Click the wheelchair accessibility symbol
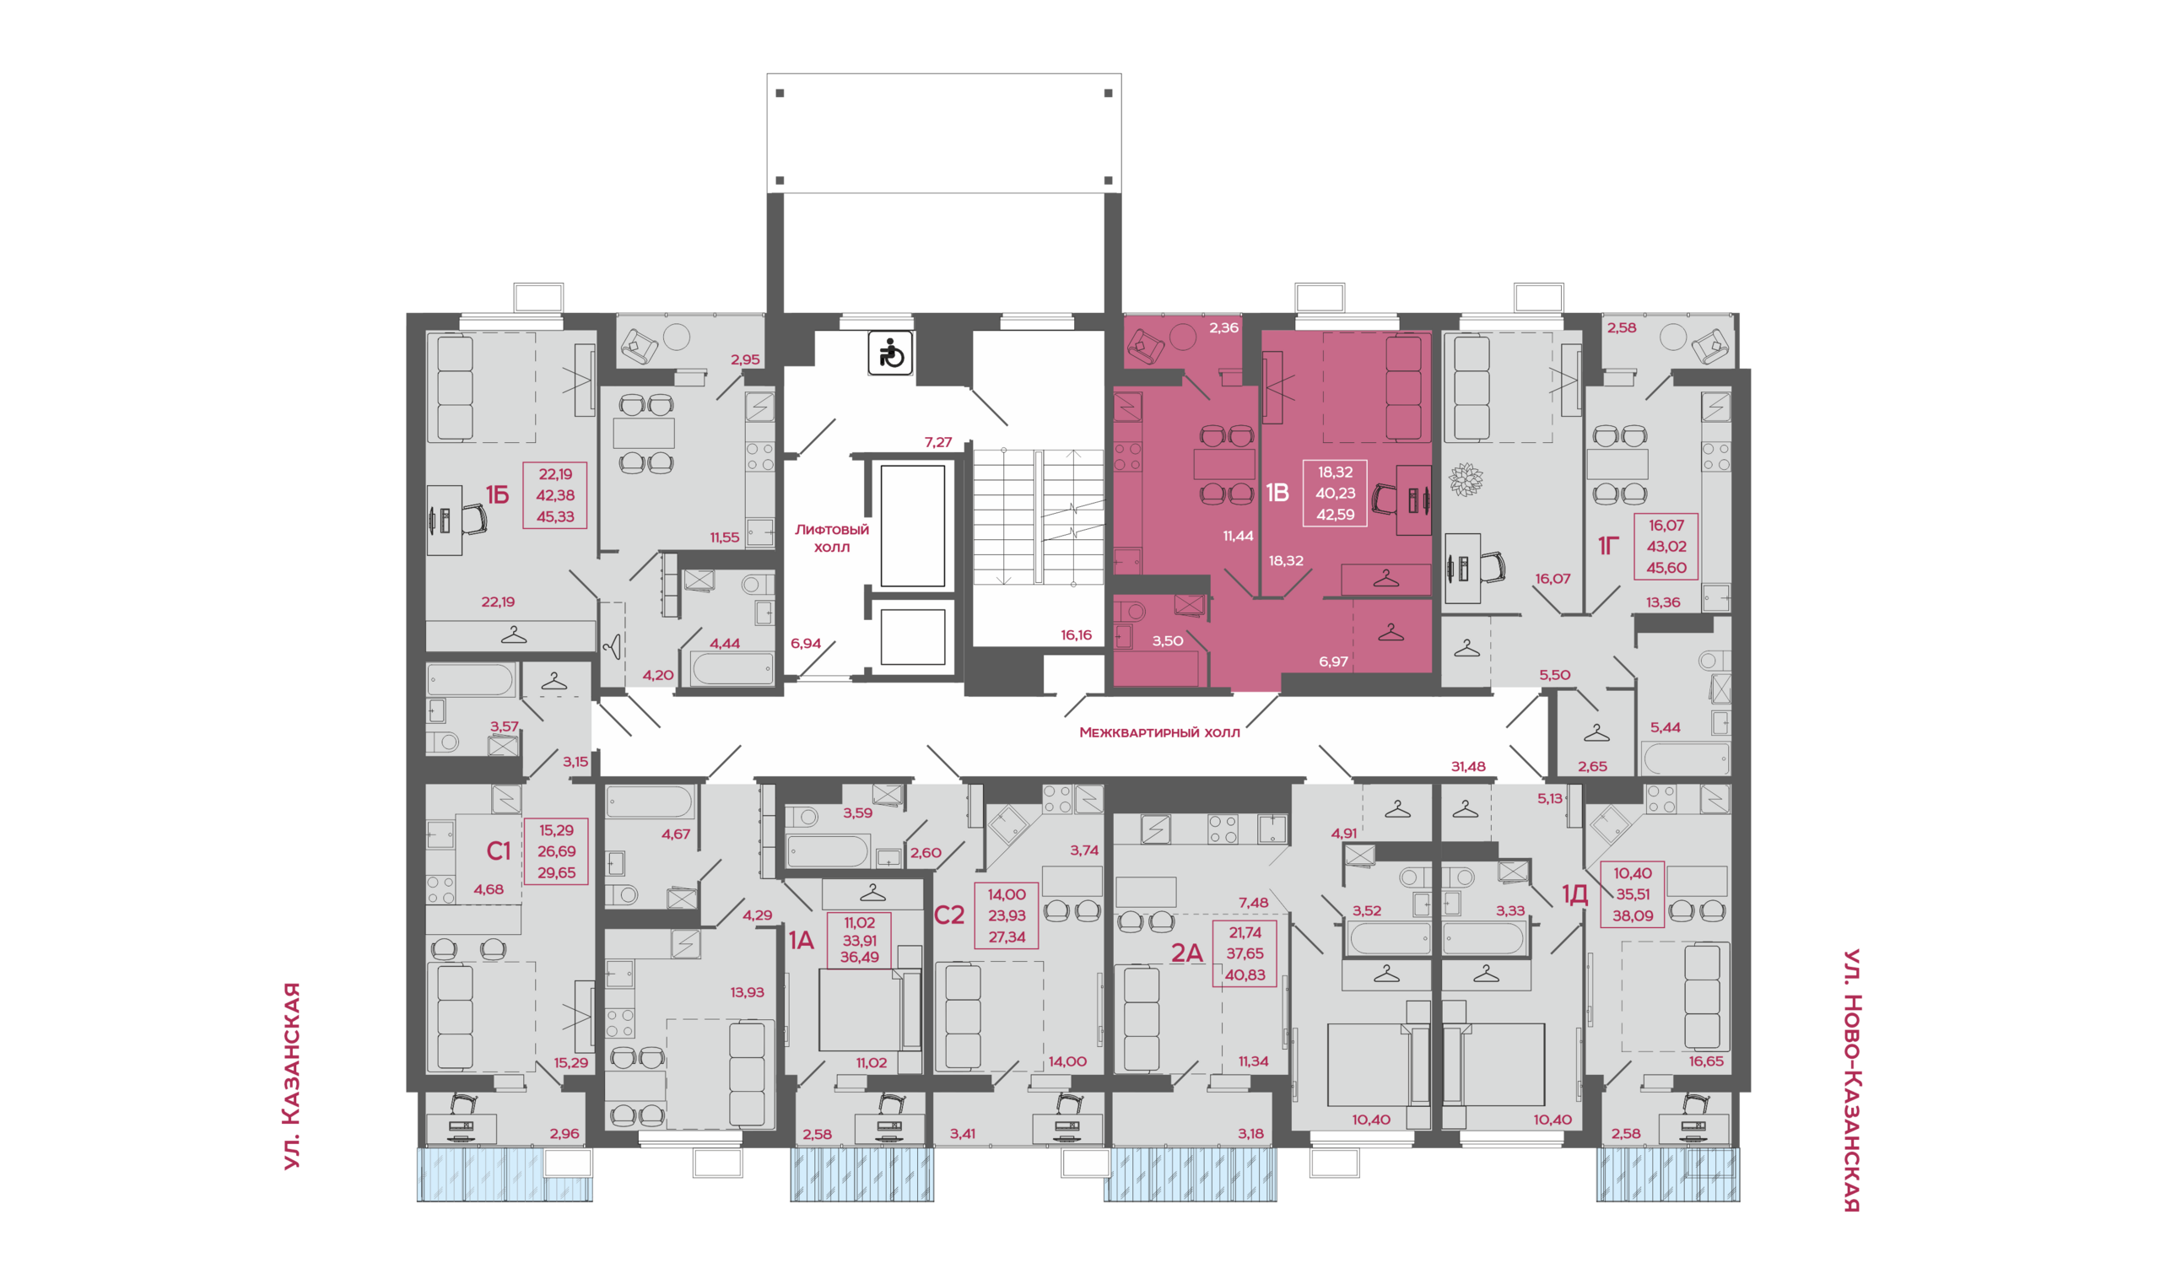tap(890, 353)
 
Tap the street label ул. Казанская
tap(292, 1076)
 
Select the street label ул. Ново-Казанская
tap(1852, 1080)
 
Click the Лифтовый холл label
tap(831, 538)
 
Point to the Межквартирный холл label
tap(1159, 732)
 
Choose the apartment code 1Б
tap(497, 494)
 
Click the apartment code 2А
tap(1186, 952)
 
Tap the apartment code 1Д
tap(1574, 894)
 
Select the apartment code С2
tap(948, 915)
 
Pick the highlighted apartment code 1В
tap(1277, 493)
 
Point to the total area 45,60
tap(1666, 568)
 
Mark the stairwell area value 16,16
tap(1076, 635)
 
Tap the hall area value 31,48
tap(1468, 766)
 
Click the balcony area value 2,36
tap(1223, 327)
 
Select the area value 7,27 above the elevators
tap(937, 442)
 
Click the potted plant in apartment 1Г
tap(1466, 479)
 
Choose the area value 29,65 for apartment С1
tap(556, 872)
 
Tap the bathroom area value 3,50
tap(1168, 640)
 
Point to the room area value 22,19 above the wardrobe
tap(498, 602)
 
